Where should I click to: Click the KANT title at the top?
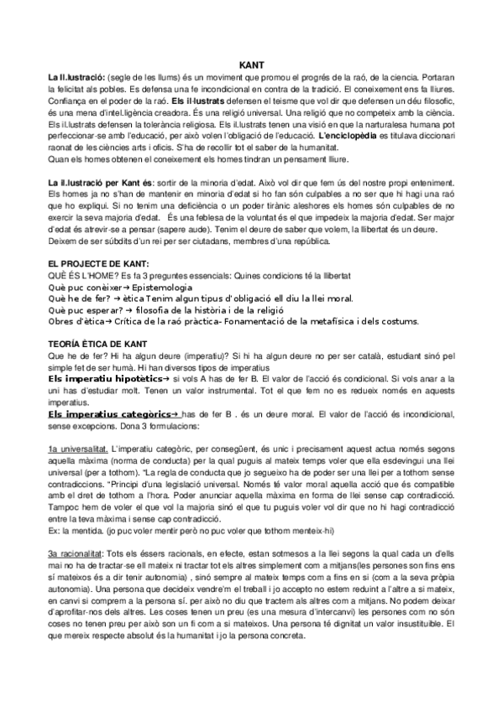[x=251, y=64]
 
